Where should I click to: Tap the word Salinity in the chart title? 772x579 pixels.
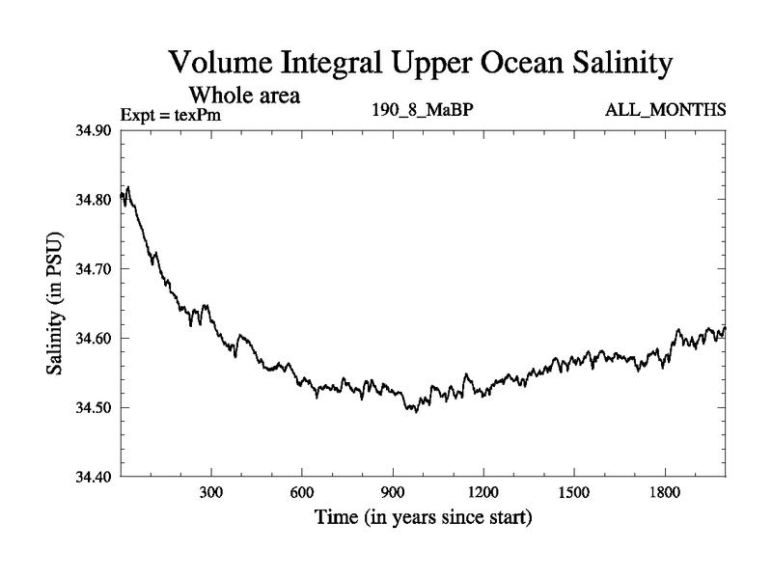(609, 64)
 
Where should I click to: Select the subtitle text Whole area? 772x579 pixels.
(244, 96)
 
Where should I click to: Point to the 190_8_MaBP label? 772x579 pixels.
(423, 108)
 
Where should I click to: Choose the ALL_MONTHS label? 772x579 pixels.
(665, 108)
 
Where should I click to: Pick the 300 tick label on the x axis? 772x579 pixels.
(210, 492)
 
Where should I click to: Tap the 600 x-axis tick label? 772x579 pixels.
(301, 492)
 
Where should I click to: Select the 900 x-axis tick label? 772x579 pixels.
(392, 492)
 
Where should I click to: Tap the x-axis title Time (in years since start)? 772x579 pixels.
(423, 518)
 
